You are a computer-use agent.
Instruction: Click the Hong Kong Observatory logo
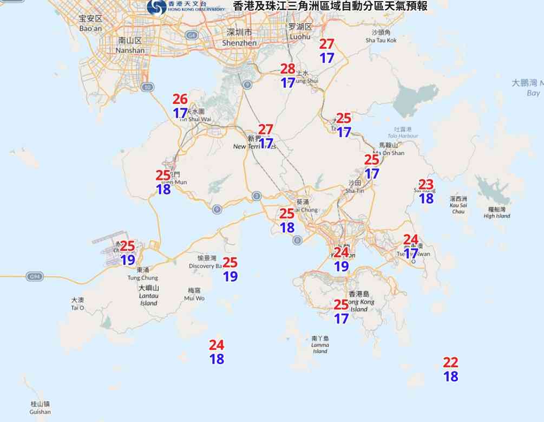coord(157,7)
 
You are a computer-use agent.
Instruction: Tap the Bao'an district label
coord(90,23)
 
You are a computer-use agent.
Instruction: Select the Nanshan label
coord(130,46)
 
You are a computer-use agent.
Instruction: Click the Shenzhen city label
coord(239,37)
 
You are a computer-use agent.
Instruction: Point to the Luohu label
coord(300,31)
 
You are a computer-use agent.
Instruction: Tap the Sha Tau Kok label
coord(381,36)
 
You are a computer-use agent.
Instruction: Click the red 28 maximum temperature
coord(287,69)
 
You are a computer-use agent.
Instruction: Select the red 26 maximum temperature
coord(180,99)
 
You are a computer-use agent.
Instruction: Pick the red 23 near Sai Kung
coord(426,184)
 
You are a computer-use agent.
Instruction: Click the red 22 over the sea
coord(450,362)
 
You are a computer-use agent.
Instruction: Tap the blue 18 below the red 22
coord(450,376)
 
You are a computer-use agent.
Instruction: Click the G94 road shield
coord(34,277)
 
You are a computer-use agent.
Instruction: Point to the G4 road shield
coord(191,35)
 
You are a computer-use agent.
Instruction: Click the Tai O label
coord(77,303)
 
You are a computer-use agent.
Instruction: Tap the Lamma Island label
coord(320,345)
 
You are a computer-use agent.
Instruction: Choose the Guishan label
coord(40,408)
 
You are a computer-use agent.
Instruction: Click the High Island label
coord(496,212)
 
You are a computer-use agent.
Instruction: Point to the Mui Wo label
coord(194,294)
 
